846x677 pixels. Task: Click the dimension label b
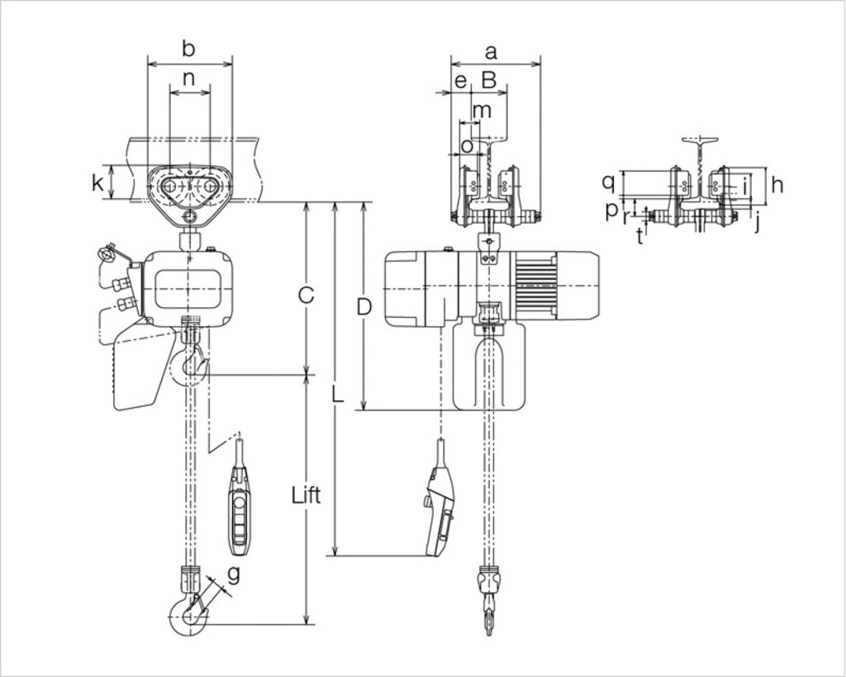189,50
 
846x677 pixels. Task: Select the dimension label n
189,79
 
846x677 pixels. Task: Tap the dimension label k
98,183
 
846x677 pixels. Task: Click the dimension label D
364,307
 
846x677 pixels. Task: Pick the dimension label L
336,394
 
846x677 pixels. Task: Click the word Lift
306,495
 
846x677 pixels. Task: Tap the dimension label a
491,52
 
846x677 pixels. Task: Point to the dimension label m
481,109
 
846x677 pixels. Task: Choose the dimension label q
608,181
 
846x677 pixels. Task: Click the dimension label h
777,185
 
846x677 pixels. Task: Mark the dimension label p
611,210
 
